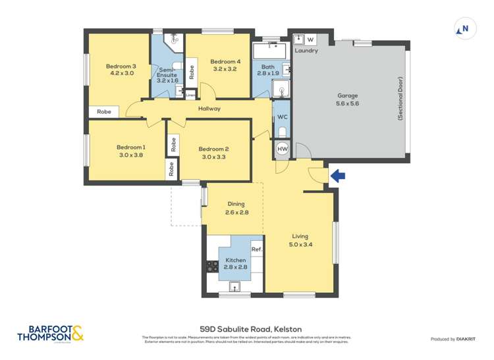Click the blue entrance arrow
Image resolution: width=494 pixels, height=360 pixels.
337,176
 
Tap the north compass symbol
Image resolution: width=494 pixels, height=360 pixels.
464,29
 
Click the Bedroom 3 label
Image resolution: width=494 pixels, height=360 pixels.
121,70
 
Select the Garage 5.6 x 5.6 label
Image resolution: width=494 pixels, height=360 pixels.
348,99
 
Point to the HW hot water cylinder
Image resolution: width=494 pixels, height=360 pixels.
282,149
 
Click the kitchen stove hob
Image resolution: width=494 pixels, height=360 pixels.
213,267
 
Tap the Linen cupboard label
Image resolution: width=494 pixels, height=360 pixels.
190,95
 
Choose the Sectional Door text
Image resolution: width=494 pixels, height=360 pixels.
400,99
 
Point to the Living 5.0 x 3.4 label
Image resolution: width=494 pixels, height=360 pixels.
300,240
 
